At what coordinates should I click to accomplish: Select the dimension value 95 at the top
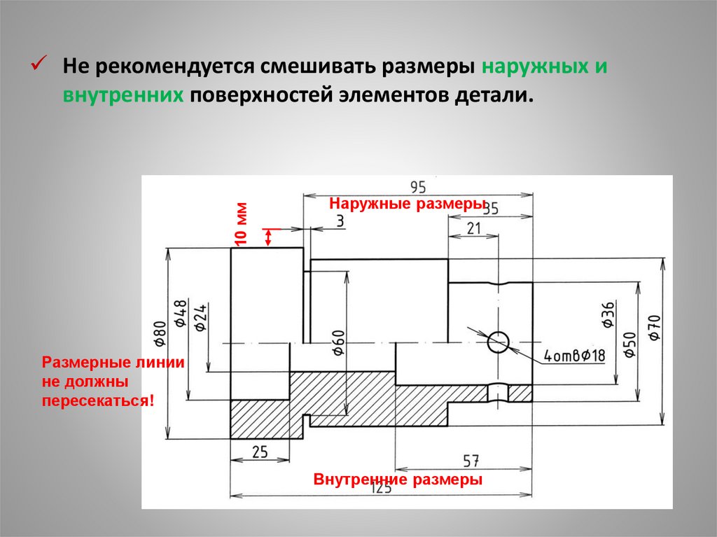418,187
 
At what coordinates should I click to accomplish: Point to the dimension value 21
474,228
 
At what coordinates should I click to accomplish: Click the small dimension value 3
340,221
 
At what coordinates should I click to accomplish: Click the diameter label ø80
160,334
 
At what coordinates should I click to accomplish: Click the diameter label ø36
607,315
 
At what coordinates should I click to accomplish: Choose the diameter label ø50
629,344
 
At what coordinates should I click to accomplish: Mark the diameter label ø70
654,328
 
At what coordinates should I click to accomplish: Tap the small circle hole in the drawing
499,342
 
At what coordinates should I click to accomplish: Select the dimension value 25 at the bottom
260,452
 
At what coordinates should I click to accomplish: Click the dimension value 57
471,460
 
